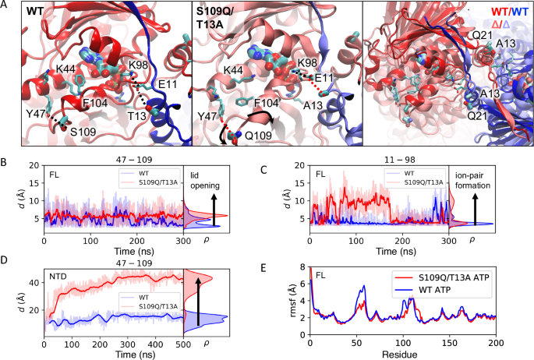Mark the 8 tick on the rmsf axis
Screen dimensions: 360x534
(x=301, y=266)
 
